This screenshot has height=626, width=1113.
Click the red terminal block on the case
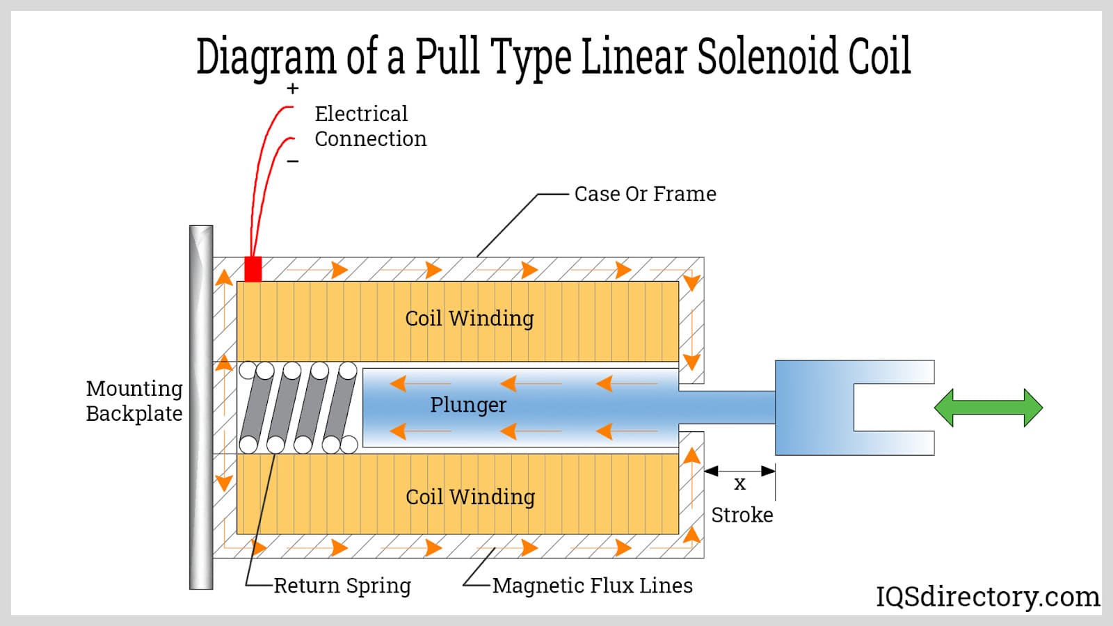point(253,269)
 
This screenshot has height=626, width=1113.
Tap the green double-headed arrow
point(988,408)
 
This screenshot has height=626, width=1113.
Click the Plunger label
point(468,405)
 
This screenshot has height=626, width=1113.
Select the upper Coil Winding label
point(470,319)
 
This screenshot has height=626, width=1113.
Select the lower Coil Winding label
point(470,497)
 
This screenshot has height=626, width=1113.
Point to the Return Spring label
point(342,586)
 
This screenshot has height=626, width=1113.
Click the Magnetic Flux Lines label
point(593,586)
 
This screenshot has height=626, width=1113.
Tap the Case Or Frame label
point(645,194)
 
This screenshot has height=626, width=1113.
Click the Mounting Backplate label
point(134,401)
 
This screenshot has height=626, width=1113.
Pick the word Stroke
point(742,515)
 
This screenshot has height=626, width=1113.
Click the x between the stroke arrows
point(740,483)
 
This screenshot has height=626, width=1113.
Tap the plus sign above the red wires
point(293,89)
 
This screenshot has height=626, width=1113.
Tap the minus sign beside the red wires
point(293,161)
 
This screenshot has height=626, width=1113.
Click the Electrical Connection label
point(370,127)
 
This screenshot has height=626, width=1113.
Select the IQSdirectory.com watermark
point(988,597)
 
